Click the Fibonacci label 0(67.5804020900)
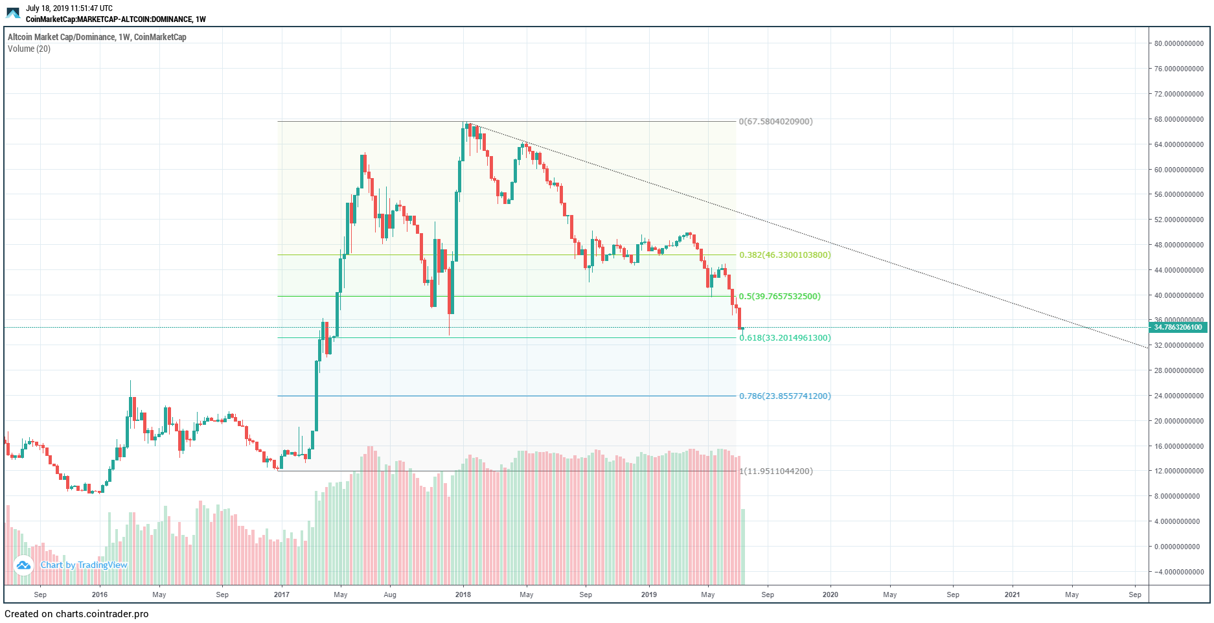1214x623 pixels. (x=775, y=122)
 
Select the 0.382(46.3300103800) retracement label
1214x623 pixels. (x=785, y=255)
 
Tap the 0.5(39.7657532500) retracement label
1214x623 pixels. (x=779, y=297)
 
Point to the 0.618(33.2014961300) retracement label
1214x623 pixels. (x=785, y=338)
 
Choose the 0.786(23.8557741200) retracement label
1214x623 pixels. (x=785, y=396)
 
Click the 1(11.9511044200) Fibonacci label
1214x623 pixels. (x=775, y=471)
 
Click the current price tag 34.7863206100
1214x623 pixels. (x=1178, y=328)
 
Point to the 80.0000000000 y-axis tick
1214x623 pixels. (x=1178, y=43)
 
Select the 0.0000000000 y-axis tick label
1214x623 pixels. (x=1178, y=547)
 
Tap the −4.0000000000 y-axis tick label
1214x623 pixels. (x=1178, y=572)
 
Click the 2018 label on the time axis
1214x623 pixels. (x=463, y=595)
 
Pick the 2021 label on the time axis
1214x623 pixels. (x=1012, y=595)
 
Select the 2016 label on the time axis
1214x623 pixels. (x=100, y=595)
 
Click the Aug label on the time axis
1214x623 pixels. (x=390, y=595)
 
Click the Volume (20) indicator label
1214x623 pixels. (x=29, y=49)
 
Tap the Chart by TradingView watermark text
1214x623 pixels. (x=84, y=565)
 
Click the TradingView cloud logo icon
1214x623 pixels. (x=23, y=565)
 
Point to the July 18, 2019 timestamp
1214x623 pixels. (x=69, y=8)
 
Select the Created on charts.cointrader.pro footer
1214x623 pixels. (x=76, y=614)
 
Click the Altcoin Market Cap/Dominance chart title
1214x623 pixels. (x=97, y=37)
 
